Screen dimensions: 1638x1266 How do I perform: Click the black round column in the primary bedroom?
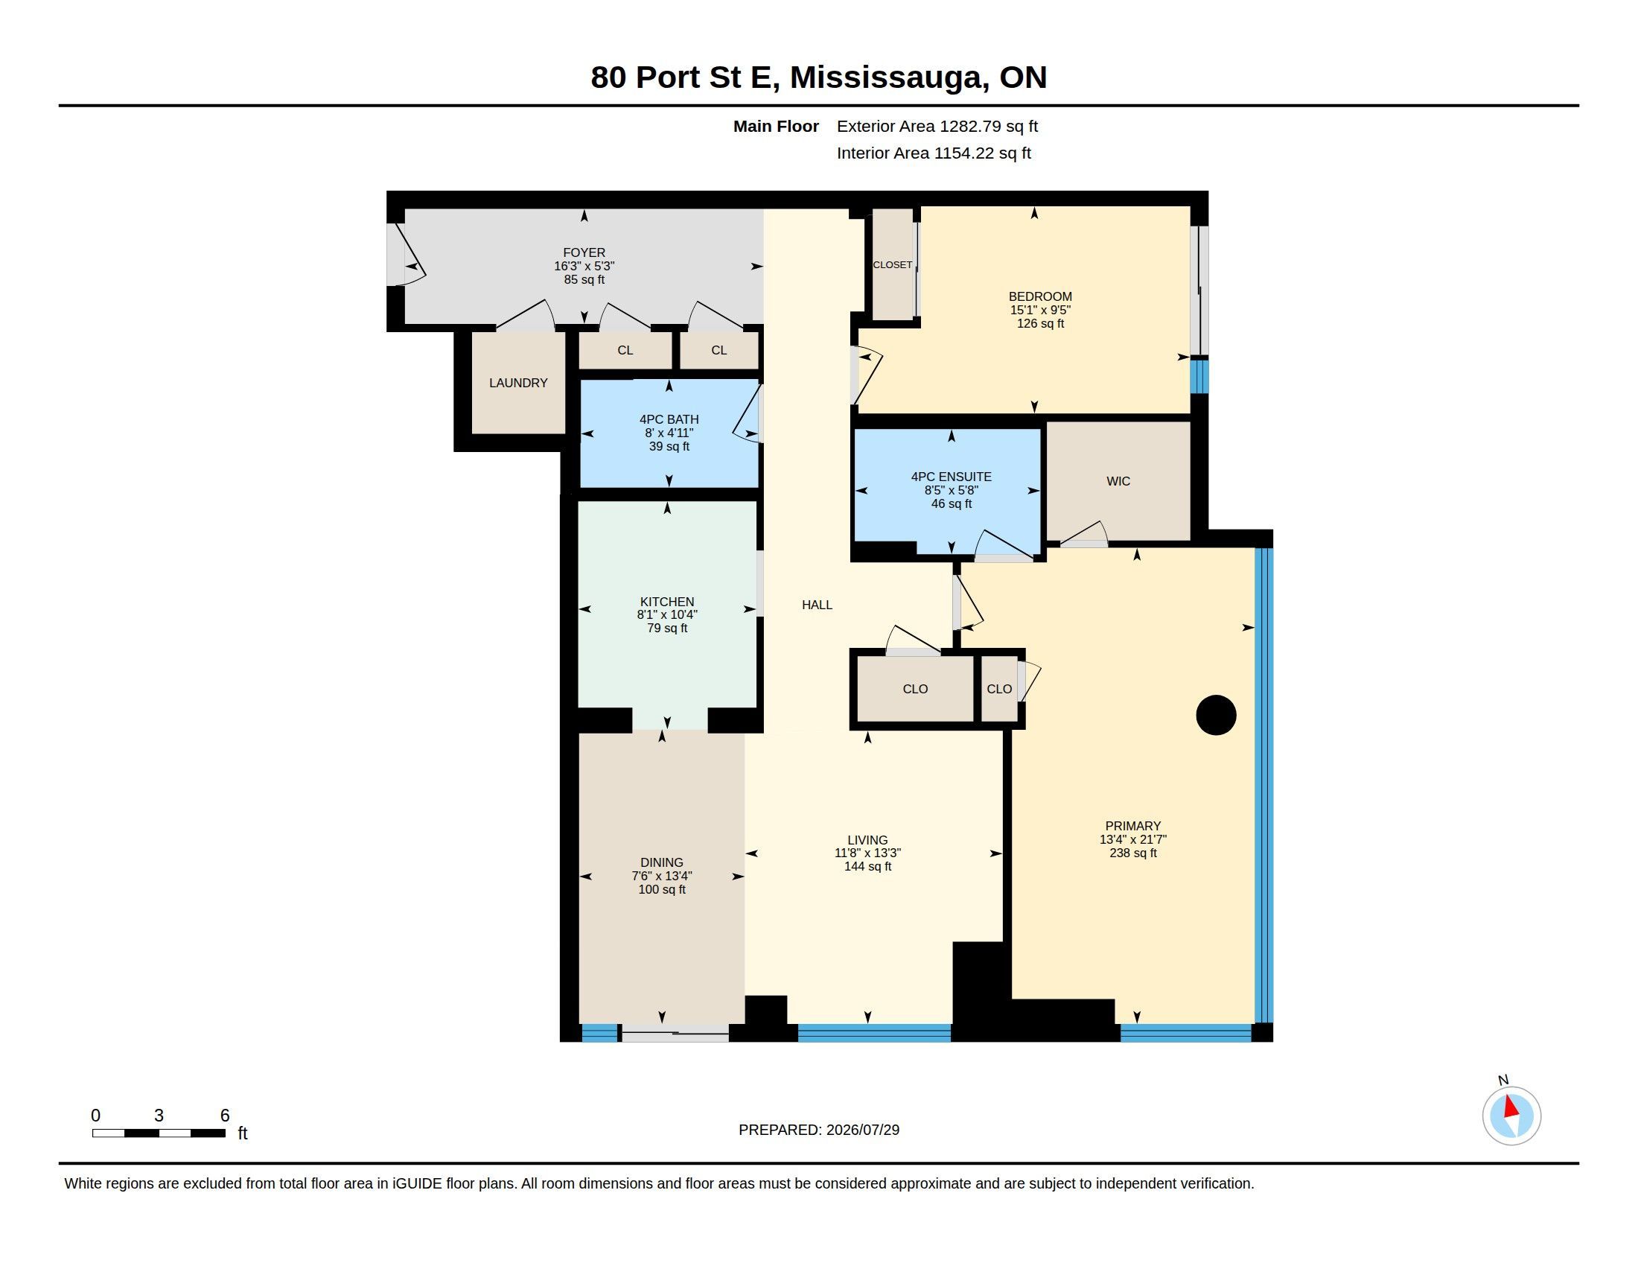(1216, 715)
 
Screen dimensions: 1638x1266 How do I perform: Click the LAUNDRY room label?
(518, 383)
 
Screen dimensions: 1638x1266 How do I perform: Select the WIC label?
(1118, 482)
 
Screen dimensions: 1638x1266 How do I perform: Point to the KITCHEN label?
(667, 602)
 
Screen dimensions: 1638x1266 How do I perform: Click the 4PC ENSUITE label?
(951, 477)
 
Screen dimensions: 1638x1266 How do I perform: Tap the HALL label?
(817, 605)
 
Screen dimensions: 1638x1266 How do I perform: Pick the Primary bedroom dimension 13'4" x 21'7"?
(1132, 839)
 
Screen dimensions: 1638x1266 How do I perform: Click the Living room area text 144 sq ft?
(867, 866)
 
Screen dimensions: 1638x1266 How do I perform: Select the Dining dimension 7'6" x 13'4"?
(661, 875)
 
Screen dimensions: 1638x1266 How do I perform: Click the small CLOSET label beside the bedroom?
(893, 265)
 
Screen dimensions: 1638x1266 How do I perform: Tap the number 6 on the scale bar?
(224, 1116)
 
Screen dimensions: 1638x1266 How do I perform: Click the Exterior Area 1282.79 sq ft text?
(937, 126)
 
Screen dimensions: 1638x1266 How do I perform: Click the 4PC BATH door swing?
(747, 414)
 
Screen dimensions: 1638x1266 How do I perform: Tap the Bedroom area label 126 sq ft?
(1040, 323)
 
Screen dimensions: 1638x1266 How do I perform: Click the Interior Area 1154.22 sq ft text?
(934, 153)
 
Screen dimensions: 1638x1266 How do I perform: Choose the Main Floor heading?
(776, 126)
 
